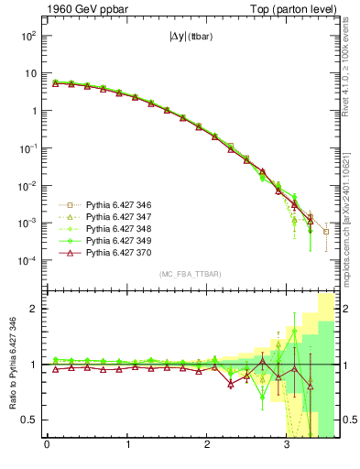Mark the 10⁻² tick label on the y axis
click(x=27, y=186)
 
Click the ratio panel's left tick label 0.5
click(x=29, y=420)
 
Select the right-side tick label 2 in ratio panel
click(x=344, y=309)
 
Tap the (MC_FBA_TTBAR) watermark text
click(x=190, y=274)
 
